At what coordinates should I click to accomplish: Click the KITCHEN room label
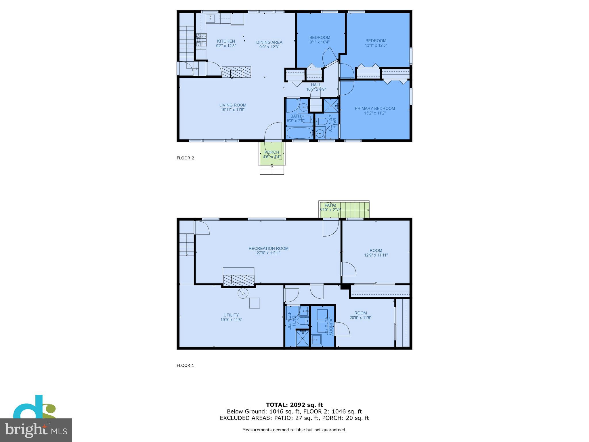pyautogui.click(x=226, y=41)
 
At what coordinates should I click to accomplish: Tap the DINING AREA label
pyautogui.click(x=269, y=42)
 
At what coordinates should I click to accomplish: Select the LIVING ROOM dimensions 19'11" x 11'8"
pyautogui.click(x=233, y=110)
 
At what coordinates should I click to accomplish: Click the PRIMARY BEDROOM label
pyautogui.click(x=374, y=108)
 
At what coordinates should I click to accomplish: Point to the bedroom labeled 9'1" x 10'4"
pyautogui.click(x=320, y=39)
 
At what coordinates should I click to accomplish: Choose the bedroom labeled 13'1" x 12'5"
pyautogui.click(x=376, y=43)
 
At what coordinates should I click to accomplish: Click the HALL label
pyautogui.click(x=315, y=85)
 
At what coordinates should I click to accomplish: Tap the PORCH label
pyautogui.click(x=271, y=152)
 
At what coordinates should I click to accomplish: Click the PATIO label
pyautogui.click(x=330, y=205)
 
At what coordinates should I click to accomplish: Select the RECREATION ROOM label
pyautogui.click(x=268, y=248)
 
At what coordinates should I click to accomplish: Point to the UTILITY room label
pyautogui.click(x=231, y=315)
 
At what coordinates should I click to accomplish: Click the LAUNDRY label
pyautogui.click(x=331, y=326)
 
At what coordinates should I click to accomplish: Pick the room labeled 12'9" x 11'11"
pyautogui.click(x=376, y=253)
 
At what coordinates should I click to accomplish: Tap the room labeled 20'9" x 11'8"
pyautogui.click(x=360, y=315)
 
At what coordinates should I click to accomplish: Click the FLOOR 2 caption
pyautogui.click(x=185, y=158)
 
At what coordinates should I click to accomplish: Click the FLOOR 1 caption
pyautogui.click(x=185, y=365)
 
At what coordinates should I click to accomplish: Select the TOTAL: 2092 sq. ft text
pyautogui.click(x=294, y=405)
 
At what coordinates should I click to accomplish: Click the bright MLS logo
pyautogui.click(x=36, y=430)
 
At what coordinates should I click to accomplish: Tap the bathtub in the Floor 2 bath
pyautogui.click(x=299, y=133)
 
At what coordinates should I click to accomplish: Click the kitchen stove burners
pyautogui.click(x=201, y=40)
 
